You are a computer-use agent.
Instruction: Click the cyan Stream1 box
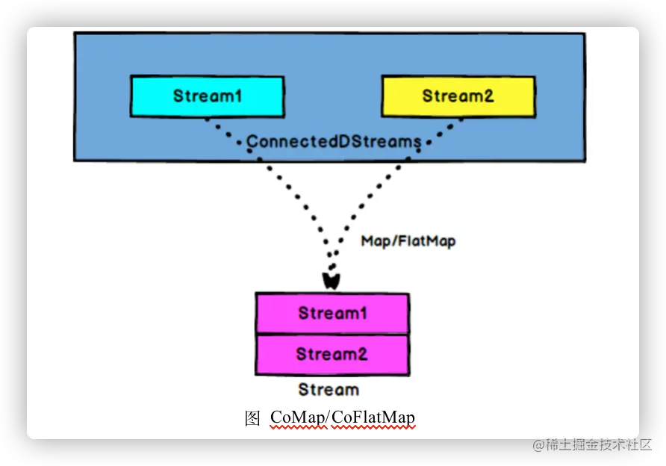click(208, 96)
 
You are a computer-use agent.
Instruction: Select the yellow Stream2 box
click(458, 96)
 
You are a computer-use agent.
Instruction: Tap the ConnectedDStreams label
click(334, 141)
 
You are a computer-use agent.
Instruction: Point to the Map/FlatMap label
click(408, 241)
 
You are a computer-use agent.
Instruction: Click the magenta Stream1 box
click(332, 313)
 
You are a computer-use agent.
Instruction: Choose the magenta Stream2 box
click(332, 355)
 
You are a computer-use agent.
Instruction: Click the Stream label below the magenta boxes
click(329, 390)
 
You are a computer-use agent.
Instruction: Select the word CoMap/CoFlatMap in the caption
click(343, 417)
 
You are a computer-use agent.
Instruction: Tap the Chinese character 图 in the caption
click(252, 418)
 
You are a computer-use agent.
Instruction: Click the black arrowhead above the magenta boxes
click(331, 281)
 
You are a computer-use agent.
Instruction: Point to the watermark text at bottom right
click(591, 444)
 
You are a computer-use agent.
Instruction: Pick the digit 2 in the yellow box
click(489, 96)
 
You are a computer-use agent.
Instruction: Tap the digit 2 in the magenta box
click(362, 354)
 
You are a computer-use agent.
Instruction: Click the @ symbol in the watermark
click(538, 445)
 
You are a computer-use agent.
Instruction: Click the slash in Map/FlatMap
click(395, 241)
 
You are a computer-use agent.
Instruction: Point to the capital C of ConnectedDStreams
click(252, 141)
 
